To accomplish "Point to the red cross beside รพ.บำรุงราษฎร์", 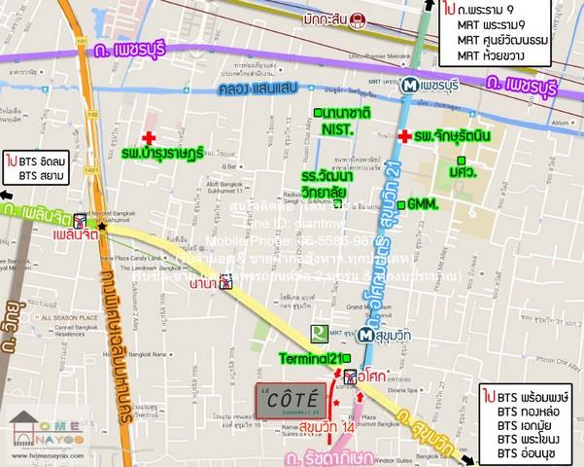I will coord(150,138).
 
